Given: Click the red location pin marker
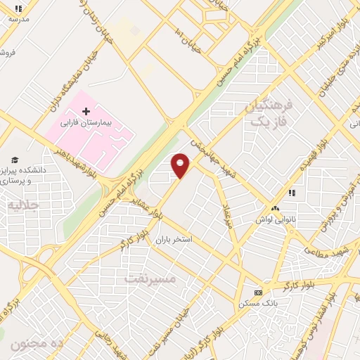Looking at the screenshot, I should point(181,165).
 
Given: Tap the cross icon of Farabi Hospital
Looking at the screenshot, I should point(86,111).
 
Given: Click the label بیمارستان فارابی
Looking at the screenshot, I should point(86,122).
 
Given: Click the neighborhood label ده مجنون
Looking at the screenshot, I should point(38,344).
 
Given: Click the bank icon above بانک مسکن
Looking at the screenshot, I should point(258,292).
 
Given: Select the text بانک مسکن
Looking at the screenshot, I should point(257,303).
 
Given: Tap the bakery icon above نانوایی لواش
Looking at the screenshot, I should point(276,209).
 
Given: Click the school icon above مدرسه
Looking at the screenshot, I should point(18,8).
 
